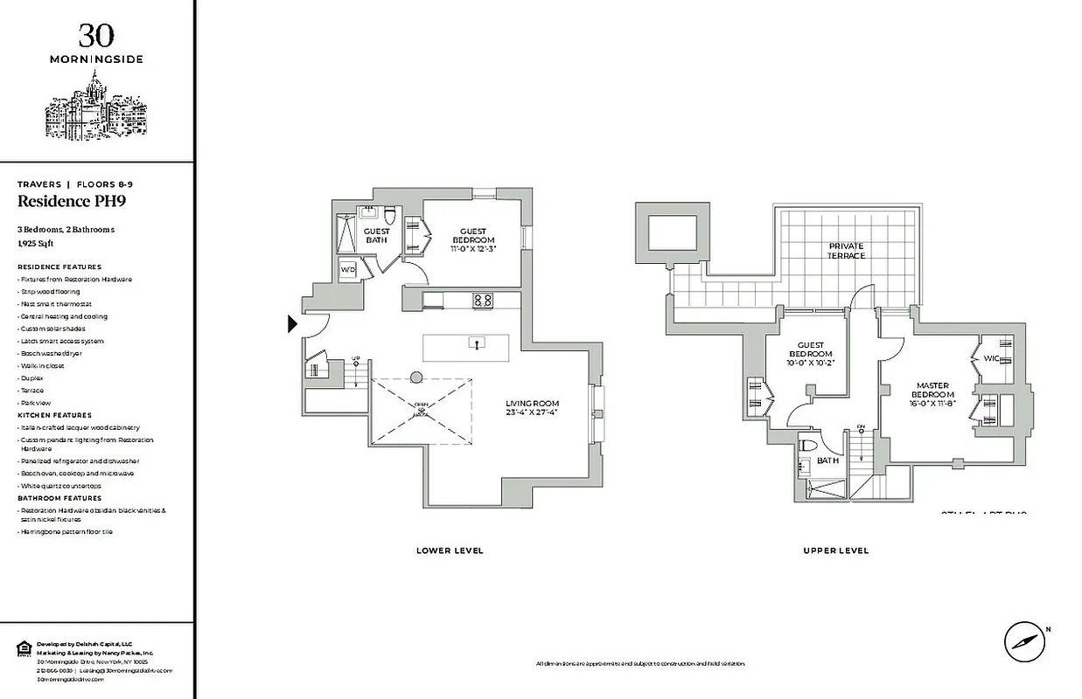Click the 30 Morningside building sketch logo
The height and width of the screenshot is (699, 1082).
pos(95,108)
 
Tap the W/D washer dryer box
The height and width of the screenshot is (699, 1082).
pos(347,269)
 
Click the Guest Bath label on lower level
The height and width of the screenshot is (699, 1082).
pos(377,236)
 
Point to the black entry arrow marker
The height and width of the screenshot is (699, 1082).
pos(293,324)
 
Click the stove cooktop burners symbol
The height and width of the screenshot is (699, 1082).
pos(482,300)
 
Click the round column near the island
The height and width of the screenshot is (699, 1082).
pos(416,377)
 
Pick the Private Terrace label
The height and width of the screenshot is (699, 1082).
pos(846,251)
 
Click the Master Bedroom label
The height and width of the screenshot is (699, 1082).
pos(932,390)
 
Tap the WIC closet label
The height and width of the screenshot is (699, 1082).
pos(991,358)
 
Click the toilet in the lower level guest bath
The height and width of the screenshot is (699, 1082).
pos(391,216)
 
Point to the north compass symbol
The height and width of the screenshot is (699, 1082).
pos(1023,641)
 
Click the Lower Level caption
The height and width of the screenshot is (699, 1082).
pos(450,550)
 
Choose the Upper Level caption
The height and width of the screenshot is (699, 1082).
pos(835,550)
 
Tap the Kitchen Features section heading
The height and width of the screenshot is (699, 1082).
pos(54,415)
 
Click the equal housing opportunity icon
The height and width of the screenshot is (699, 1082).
pos(24,647)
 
